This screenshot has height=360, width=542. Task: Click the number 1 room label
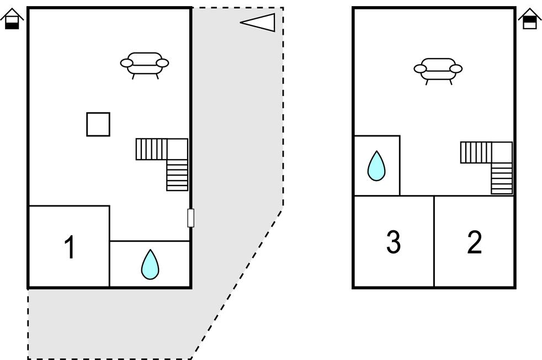[x=70, y=247]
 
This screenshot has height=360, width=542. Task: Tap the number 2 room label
[x=474, y=242]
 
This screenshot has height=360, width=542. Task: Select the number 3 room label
[x=393, y=242]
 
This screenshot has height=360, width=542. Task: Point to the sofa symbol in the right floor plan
[x=438, y=69]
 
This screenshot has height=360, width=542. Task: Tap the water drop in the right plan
[x=376, y=166]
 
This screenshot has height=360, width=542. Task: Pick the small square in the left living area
[x=98, y=124]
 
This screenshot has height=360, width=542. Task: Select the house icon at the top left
[x=12, y=19]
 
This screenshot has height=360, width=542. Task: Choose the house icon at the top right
[x=529, y=19]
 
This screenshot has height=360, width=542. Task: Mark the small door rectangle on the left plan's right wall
[x=190, y=218]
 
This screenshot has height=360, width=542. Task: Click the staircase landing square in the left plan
[x=177, y=149]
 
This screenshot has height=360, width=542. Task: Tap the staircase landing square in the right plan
[x=502, y=152]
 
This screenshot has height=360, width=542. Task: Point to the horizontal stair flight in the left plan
[x=151, y=149]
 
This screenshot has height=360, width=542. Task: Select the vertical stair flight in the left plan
[x=177, y=176]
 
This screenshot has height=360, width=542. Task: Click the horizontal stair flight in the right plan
[x=476, y=152]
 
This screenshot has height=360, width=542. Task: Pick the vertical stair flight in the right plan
[x=502, y=179]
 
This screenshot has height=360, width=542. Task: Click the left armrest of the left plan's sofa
[x=127, y=63]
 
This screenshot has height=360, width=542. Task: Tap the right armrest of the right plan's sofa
[x=456, y=69]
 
